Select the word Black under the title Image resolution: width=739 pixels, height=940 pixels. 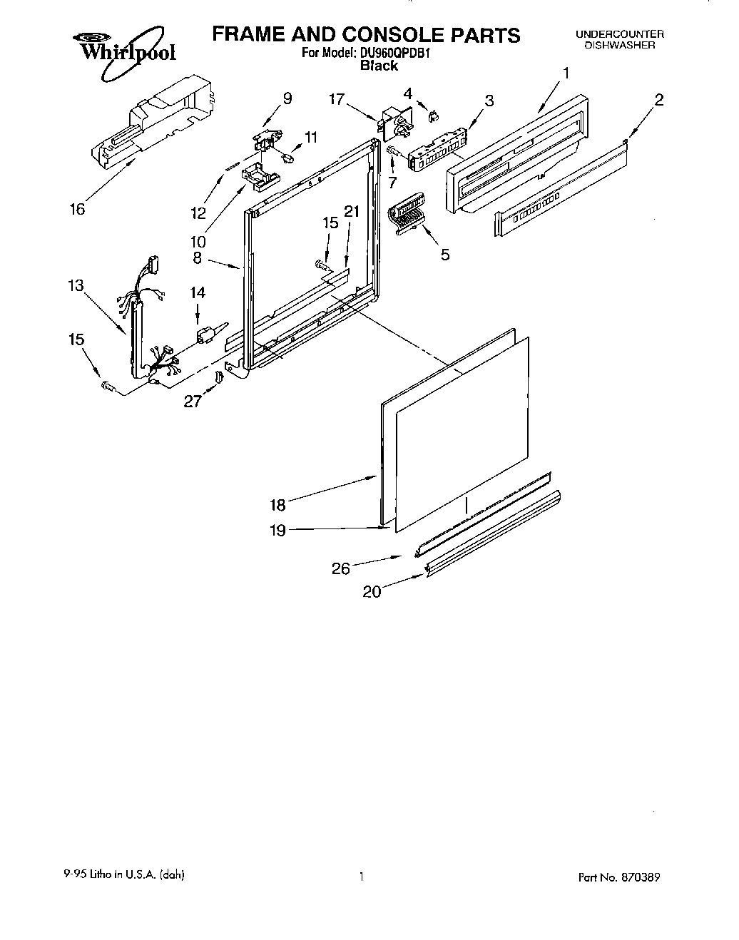(x=379, y=66)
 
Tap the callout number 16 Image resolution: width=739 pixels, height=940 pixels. (x=77, y=209)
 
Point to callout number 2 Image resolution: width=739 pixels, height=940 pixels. (x=658, y=100)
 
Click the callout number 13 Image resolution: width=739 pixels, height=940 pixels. (x=76, y=285)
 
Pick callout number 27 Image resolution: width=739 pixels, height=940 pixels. (x=193, y=401)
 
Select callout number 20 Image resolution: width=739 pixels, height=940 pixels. (x=372, y=591)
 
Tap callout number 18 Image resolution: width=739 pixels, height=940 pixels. (x=277, y=505)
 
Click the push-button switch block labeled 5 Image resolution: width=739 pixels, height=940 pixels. (x=407, y=213)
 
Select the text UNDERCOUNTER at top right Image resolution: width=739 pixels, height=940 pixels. (x=619, y=34)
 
